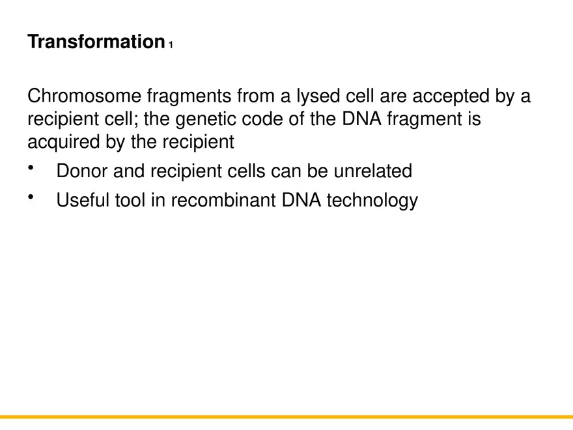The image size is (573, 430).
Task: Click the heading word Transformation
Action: tap(96, 42)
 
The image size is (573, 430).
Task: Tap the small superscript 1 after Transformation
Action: tap(171, 46)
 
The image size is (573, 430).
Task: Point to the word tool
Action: tap(133, 200)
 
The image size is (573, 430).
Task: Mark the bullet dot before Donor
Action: tap(31, 169)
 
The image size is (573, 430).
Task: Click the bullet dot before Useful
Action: tap(31, 197)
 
